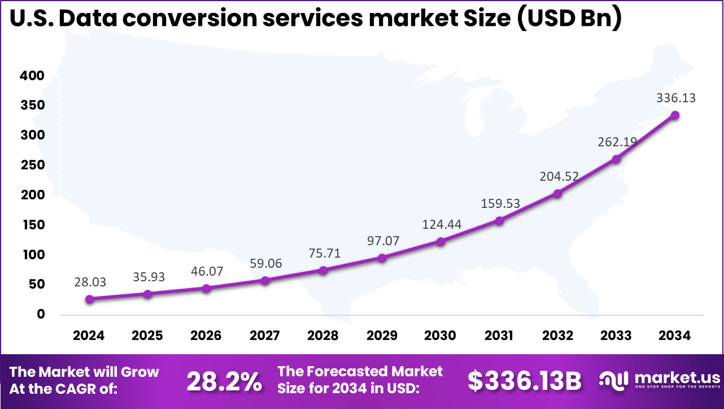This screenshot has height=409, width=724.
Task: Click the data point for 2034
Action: coord(674,115)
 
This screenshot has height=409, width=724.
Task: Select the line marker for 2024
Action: coord(89,299)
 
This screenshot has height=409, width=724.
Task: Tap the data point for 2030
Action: coord(440,242)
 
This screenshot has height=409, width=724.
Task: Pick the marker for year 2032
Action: coord(557,193)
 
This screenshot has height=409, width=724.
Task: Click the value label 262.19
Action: coord(617,142)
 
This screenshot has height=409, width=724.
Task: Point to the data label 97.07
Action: coord(382,241)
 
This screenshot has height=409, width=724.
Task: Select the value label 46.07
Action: coord(207,271)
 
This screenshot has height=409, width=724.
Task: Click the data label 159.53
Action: coord(500,203)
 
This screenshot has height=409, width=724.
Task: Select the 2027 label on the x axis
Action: coord(264,336)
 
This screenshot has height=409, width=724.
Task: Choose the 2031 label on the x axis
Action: coord(499,336)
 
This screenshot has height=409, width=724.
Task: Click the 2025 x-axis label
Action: coord(147,336)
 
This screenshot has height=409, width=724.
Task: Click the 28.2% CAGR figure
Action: coord(224,382)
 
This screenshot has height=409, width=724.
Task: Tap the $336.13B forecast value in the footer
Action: coord(524,382)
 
